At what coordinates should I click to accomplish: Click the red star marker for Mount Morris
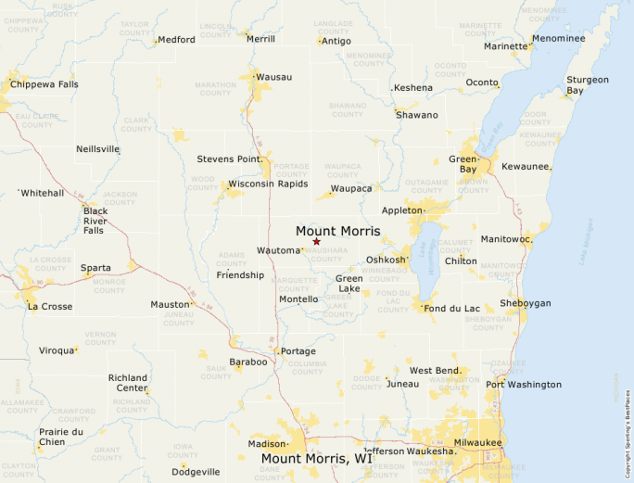click(x=316, y=241)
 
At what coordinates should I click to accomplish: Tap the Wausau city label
click(x=274, y=76)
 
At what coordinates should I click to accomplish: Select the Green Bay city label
click(x=463, y=164)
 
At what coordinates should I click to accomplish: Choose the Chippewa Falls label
click(x=44, y=84)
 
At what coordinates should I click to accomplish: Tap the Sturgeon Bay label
click(x=588, y=85)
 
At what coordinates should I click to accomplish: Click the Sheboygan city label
click(x=526, y=303)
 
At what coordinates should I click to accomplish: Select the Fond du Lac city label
click(x=453, y=308)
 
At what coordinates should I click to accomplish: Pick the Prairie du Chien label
click(x=61, y=437)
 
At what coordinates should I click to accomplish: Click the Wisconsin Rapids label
click(x=274, y=184)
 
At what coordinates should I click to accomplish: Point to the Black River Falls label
click(x=95, y=221)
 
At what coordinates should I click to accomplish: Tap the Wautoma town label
click(x=278, y=251)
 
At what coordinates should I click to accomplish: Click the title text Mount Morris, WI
click(x=316, y=458)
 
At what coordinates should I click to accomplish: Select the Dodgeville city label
click(x=196, y=472)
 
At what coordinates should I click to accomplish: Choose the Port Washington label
click(x=524, y=384)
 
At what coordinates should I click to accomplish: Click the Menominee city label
click(x=558, y=39)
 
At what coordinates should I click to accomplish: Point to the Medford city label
click(x=176, y=40)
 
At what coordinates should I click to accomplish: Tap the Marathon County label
click(x=215, y=89)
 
